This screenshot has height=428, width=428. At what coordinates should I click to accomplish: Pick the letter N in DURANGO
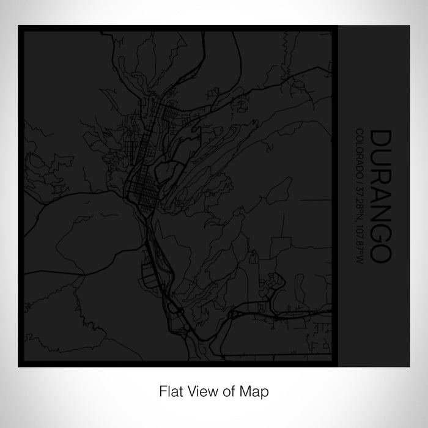pos(378,215)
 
